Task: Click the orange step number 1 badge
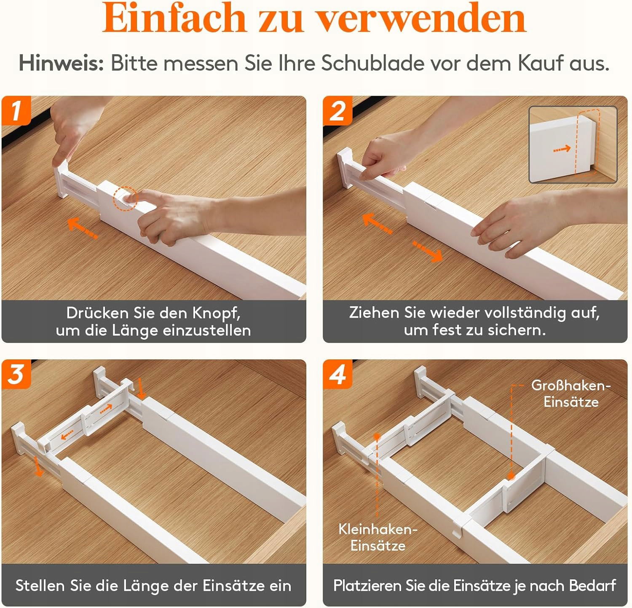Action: click(16, 110)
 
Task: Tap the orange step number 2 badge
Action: click(337, 110)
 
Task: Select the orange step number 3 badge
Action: click(16, 374)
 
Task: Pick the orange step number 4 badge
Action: click(337, 374)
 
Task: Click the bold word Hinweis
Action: click(62, 63)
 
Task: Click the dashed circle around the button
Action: click(125, 199)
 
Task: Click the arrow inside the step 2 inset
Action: click(562, 149)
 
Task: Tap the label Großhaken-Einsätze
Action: click(571, 394)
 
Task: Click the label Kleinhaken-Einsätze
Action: click(378, 537)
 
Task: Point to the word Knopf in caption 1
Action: click(217, 313)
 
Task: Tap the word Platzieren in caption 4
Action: click(357, 586)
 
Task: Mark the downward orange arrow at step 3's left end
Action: click(38, 466)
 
